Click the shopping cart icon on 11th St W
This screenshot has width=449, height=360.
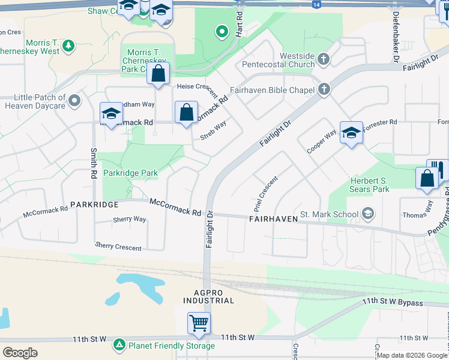click(x=199, y=323)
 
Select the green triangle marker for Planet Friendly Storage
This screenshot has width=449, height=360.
click(x=119, y=345)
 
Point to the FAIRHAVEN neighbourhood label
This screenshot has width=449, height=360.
click(x=273, y=220)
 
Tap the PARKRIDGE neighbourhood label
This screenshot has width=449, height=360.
click(x=94, y=205)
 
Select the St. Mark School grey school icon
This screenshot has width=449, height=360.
click(x=368, y=214)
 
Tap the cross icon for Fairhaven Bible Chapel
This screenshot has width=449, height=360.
click(x=324, y=89)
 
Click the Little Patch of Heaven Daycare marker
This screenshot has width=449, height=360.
click(x=75, y=101)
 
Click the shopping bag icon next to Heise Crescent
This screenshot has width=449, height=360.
click(x=158, y=74)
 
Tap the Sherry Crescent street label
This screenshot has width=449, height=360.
click(x=118, y=247)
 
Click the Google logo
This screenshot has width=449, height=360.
click(x=20, y=352)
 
